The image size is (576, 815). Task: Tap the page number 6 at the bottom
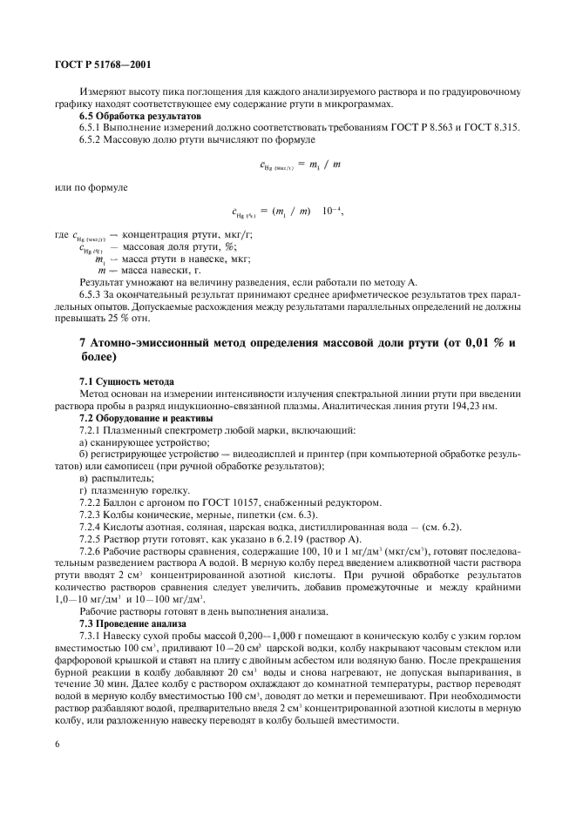click(x=58, y=746)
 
